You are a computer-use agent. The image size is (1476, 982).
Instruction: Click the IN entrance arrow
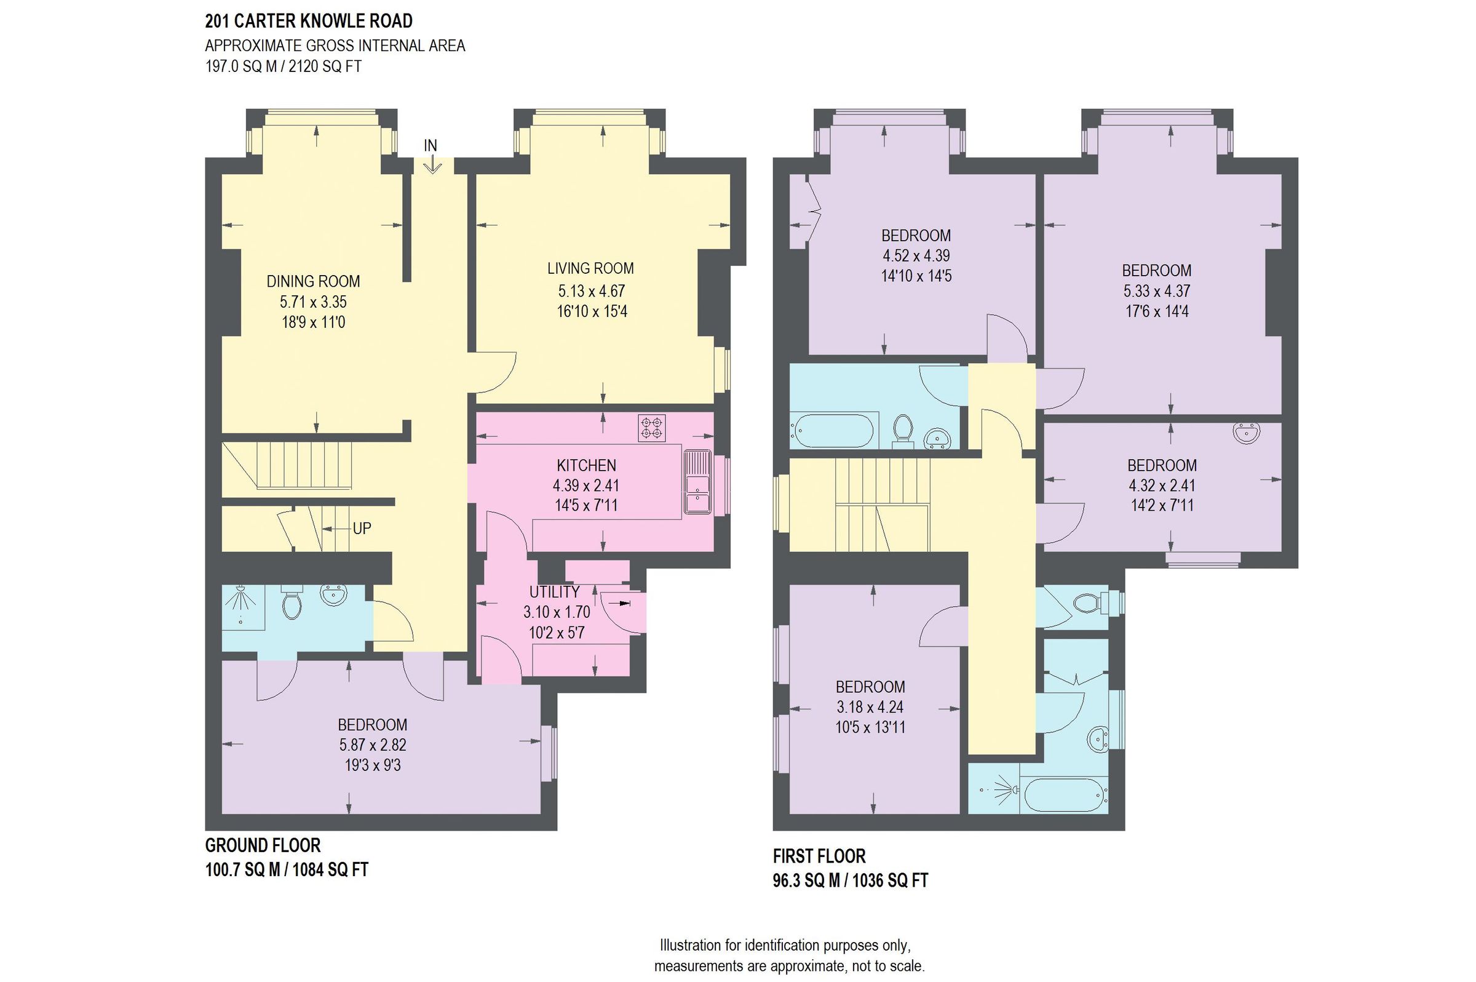pos(432,164)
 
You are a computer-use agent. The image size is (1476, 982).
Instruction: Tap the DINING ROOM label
pos(313,281)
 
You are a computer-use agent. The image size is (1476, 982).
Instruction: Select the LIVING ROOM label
pos(590,268)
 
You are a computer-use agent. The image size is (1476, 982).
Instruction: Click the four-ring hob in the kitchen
pos(652,428)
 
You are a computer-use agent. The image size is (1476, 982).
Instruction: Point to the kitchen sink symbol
pos(697,482)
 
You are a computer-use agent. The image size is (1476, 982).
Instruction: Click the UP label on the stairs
pos(362,529)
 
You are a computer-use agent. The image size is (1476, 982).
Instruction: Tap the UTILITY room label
pos(554,592)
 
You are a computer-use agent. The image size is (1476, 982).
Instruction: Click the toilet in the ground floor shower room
pos(292,602)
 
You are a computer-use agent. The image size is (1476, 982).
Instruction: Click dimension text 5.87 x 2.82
pos(373,744)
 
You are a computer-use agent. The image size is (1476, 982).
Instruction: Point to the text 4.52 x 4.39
pos(916,255)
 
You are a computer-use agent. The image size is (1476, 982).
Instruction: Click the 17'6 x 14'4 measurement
pos(1156,311)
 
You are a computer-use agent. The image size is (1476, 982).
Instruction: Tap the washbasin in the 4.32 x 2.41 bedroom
pos(1245,433)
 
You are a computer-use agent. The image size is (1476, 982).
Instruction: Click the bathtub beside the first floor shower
pos(1064,796)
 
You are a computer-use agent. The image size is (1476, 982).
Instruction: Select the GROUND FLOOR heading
pos(262,845)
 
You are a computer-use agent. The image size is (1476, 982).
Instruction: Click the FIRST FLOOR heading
pos(819,856)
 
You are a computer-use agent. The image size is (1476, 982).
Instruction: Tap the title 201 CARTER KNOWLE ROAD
pos(309,22)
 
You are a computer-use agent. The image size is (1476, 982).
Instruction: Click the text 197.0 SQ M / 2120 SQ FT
pos(283,66)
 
